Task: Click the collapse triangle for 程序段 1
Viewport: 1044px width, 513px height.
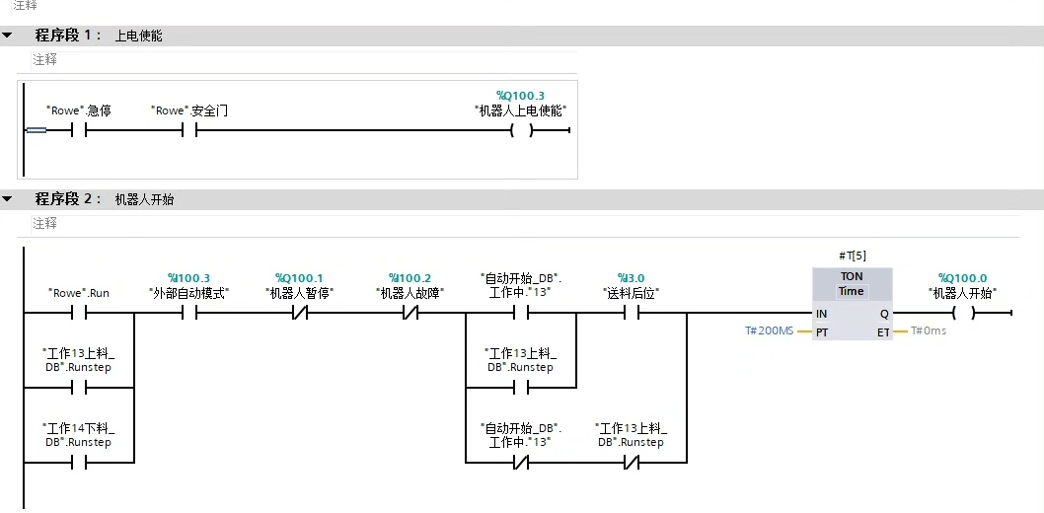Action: [8, 36]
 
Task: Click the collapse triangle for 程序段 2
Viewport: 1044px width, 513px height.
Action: [8, 199]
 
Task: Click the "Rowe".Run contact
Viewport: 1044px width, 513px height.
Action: [79, 314]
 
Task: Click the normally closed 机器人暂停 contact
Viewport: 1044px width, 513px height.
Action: [299, 314]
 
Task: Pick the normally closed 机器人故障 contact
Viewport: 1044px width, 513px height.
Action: [410, 314]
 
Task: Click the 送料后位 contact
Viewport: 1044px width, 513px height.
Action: [631, 314]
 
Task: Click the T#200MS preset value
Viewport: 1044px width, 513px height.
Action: [769, 331]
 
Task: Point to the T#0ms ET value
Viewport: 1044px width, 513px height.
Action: [928, 331]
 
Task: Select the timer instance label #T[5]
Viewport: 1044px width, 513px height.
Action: [851, 256]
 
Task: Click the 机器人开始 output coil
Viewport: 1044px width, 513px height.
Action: [962, 314]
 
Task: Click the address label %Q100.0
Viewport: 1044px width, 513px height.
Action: [962, 278]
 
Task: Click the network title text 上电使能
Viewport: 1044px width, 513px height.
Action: [138, 36]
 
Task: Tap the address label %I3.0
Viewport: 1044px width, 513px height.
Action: [631, 278]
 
